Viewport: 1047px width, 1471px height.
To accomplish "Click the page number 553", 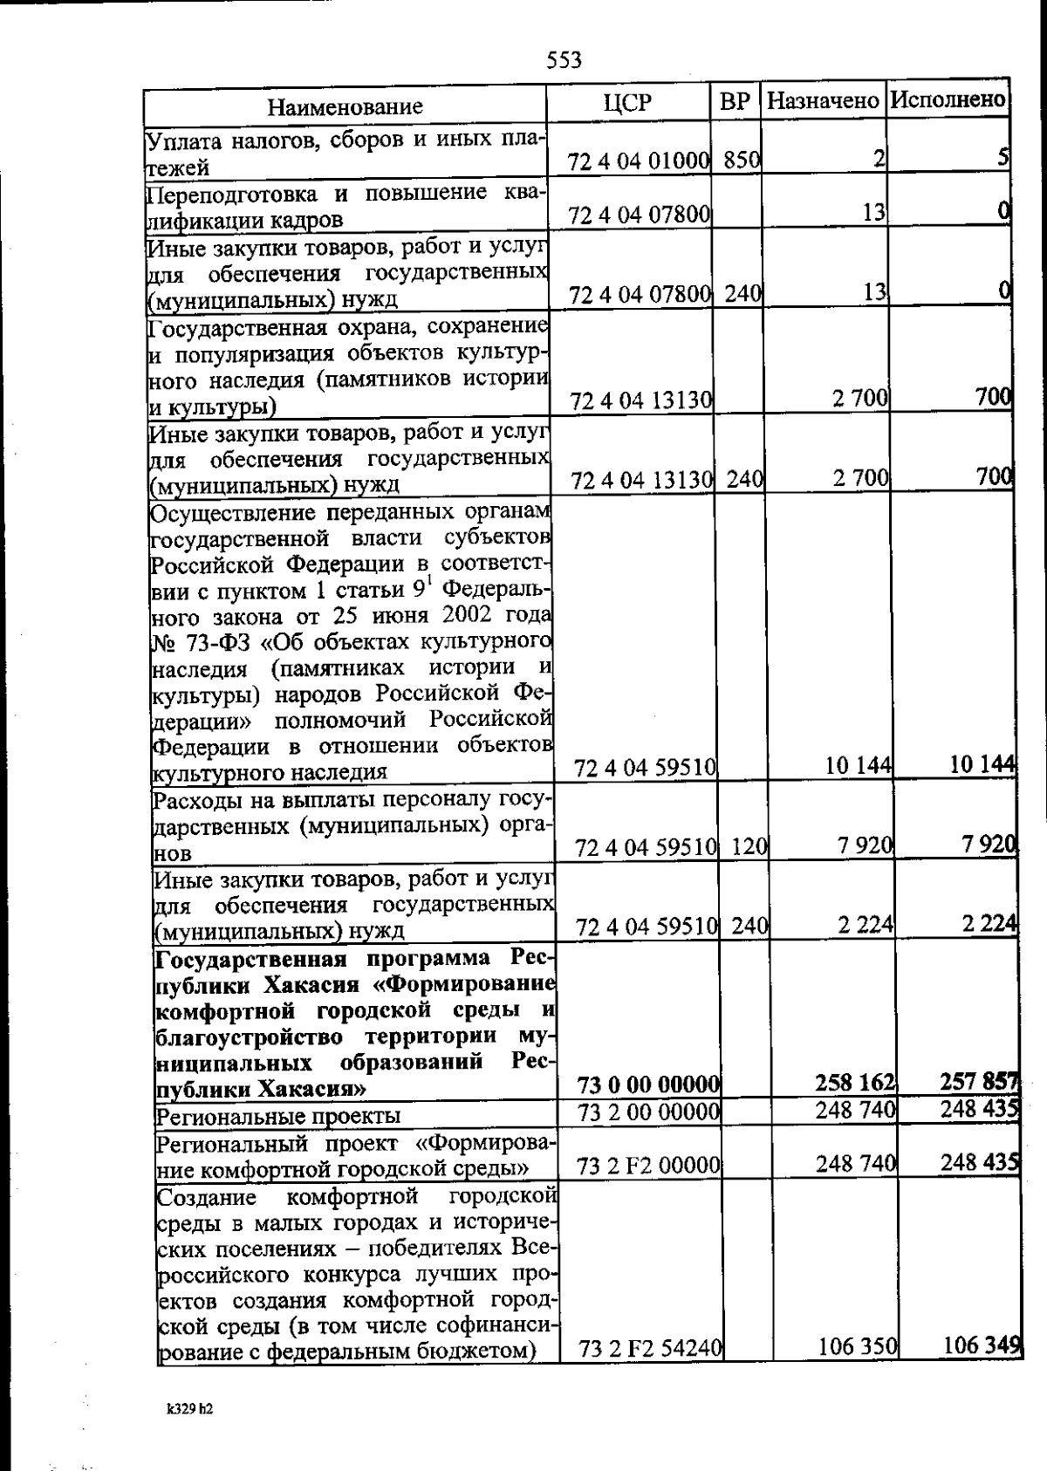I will tap(565, 60).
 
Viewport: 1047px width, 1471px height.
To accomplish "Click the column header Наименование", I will tap(345, 106).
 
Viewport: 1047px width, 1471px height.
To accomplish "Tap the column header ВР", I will tap(736, 101).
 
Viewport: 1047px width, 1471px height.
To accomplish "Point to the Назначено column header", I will tap(823, 100).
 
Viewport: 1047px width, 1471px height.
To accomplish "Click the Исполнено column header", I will tap(948, 99).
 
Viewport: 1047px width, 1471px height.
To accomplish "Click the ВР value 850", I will tap(742, 160).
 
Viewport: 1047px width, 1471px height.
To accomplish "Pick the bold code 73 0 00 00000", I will tap(648, 1084).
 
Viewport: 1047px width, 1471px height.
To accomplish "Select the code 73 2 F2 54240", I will tap(650, 1373).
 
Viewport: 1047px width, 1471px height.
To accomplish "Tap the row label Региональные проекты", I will tap(277, 1116).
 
